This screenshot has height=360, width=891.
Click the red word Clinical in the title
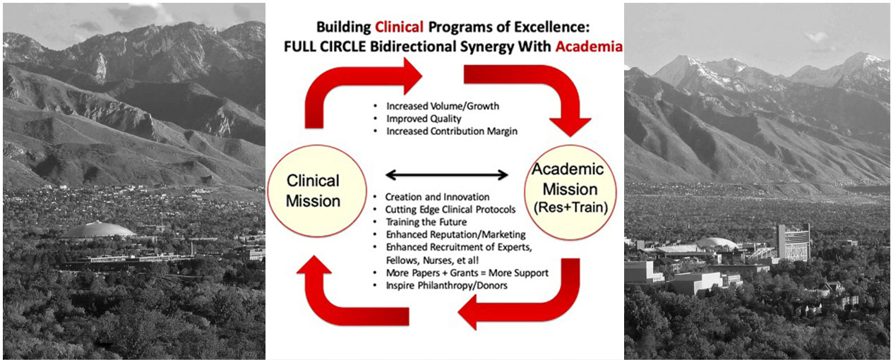[400, 27]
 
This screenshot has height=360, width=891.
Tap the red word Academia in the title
[589, 47]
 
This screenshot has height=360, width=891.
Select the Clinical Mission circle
[316, 191]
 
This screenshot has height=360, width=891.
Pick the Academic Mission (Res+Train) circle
[570, 193]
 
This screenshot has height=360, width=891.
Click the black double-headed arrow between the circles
[447, 174]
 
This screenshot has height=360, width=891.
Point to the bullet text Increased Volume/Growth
[443, 106]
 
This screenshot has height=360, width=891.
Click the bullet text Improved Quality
[424, 119]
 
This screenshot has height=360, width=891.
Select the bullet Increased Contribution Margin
[452, 131]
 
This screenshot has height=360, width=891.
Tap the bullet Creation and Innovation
[437, 197]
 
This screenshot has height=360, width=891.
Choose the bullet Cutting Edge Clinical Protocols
[450, 210]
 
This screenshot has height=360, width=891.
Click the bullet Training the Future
[426, 222]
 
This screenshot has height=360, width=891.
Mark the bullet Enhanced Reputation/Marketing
[456, 234]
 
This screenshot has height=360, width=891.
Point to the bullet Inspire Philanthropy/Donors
[447, 286]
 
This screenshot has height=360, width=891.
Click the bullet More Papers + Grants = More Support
[467, 273]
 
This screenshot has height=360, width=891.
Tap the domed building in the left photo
[98, 231]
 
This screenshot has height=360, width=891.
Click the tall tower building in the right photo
[794, 242]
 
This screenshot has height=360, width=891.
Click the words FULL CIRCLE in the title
[325, 47]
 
